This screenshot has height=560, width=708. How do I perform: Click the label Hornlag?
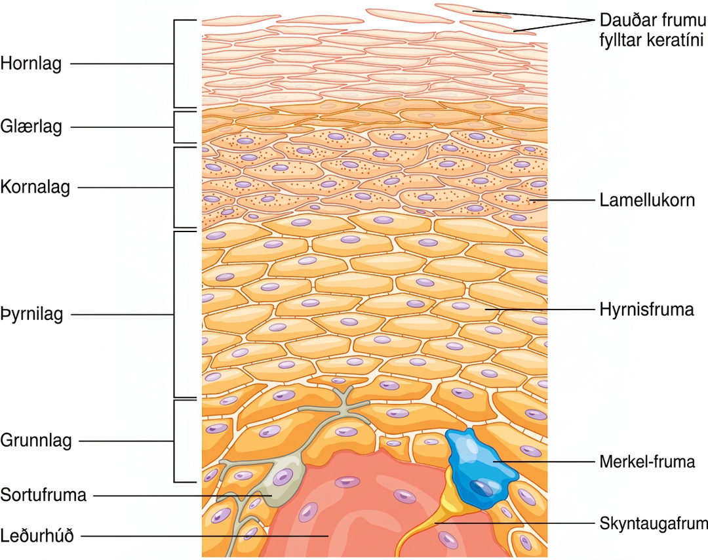pos(31,64)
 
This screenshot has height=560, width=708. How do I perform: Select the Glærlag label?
pos(31,127)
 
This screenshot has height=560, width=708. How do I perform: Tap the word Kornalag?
pos(35,187)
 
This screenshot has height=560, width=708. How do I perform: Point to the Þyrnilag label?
pos(31,314)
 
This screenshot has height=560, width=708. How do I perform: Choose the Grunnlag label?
pos(36,441)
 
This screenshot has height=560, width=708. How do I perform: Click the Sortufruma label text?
pos(43,496)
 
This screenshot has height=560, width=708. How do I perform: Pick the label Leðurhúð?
pos(37,536)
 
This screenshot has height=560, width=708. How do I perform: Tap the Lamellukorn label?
pos(647,200)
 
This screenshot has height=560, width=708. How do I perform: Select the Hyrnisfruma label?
pos(646,310)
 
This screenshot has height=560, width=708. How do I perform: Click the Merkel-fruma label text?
pos(647,462)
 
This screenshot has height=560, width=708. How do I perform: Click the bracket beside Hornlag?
pos(174,64)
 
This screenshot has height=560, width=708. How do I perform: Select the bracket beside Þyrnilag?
pos(174,315)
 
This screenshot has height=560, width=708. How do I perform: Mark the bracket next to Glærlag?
pos(174,127)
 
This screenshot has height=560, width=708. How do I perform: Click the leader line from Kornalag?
pos(125,188)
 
